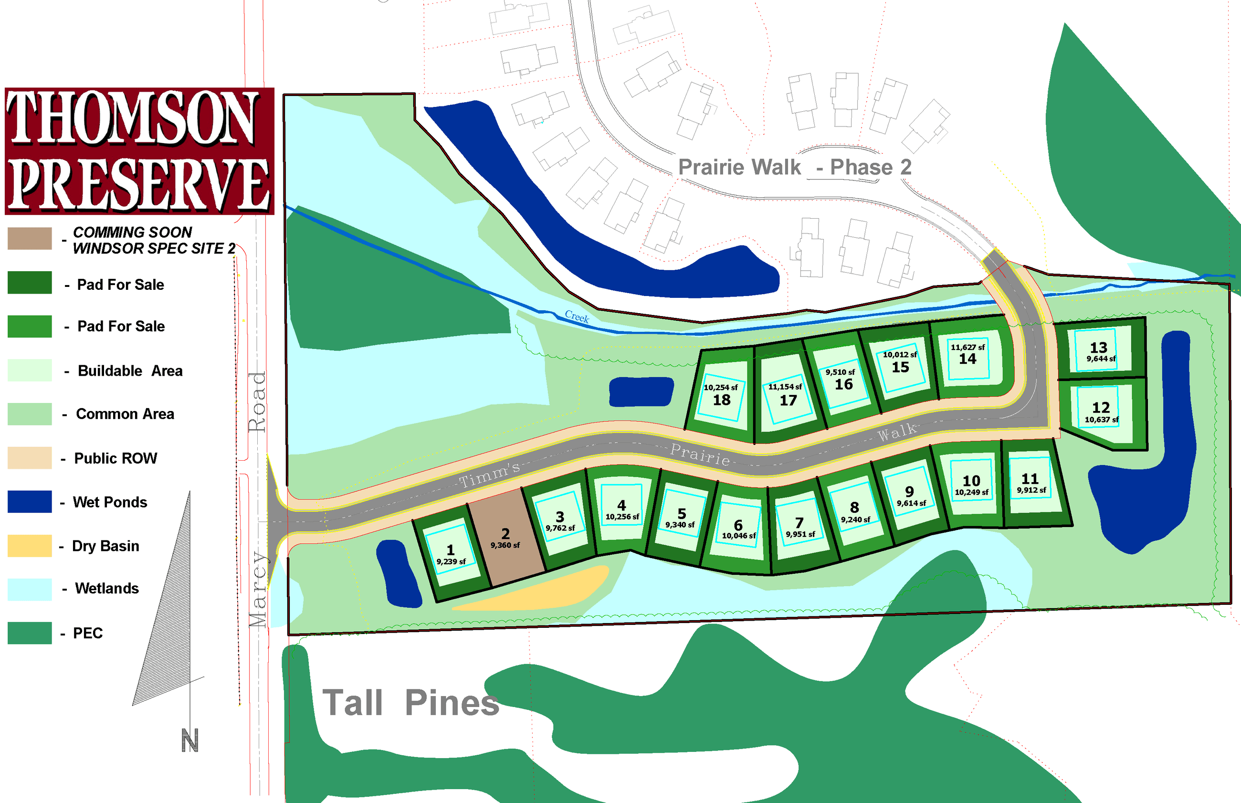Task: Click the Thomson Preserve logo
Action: coord(139,151)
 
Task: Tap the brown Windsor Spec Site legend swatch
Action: coord(30,238)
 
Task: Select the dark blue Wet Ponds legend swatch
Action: coord(30,502)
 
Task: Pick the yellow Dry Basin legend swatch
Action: coord(30,545)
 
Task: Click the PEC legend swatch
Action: coord(30,633)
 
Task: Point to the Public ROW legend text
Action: coord(115,458)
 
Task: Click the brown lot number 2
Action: coord(505,534)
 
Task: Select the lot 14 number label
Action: coord(968,359)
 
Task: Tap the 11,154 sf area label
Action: coord(785,387)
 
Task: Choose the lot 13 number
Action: coord(1098,348)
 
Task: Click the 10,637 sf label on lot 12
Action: coord(1101,420)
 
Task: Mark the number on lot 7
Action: coord(799,523)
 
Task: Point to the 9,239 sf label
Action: coord(451,561)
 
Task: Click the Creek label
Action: coord(577,316)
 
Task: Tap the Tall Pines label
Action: coord(410,703)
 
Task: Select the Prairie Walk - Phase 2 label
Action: coord(794,168)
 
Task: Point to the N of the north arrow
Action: coord(189,740)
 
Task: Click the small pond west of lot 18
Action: coord(641,391)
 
